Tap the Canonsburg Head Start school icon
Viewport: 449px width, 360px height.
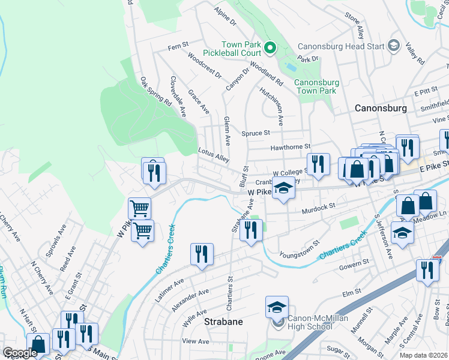pos(394,46)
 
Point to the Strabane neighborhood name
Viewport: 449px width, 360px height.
pos(223,322)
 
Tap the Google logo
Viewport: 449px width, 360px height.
pos(20,353)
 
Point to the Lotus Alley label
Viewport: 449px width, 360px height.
pos(214,155)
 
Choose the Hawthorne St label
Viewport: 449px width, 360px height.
pos(291,146)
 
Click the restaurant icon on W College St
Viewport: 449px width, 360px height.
pos(318,164)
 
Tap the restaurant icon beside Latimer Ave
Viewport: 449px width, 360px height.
pos(202,254)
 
